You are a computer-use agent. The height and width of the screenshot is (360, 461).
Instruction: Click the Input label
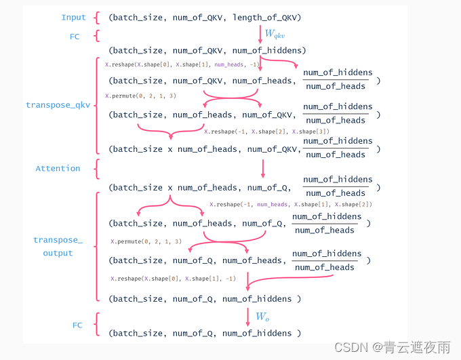click(74, 18)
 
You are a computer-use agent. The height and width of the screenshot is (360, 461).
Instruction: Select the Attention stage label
click(58, 168)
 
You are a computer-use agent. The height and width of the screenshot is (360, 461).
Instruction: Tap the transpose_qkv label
click(58, 105)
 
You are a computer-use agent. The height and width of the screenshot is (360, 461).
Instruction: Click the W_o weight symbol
click(262, 316)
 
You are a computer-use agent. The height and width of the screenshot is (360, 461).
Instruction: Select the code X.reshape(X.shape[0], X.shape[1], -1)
click(173, 279)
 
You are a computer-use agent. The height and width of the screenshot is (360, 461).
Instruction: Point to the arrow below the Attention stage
click(262, 169)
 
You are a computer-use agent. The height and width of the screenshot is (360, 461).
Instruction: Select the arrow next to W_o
click(247, 316)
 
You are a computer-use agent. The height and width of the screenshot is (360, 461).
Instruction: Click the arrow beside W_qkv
click(260, 34)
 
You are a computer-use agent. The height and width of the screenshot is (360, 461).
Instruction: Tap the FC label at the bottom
click(77, 325)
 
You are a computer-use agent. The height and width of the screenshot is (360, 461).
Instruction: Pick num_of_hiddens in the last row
click(257, 333)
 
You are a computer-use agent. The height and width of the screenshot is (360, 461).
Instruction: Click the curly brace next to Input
click(98, 18)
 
